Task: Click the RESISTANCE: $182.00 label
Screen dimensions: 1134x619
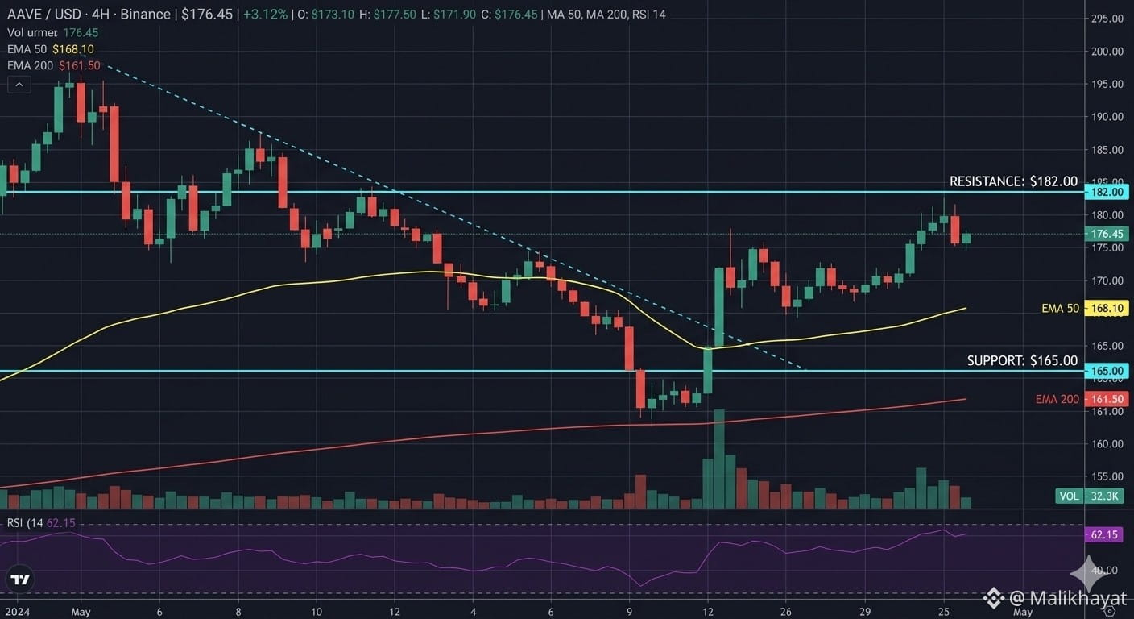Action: pyautogui.click(x=1013, y=181)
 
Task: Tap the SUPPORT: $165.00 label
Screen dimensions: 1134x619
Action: pyautogui.click(x=1022, y=360)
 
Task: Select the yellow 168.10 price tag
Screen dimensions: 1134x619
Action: pyautogui.click(x=1107, y=308)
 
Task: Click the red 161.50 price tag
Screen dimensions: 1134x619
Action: pyautogui.click(x=1107, y=399)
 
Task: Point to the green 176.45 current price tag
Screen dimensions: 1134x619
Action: pyautogui.click(x=1107, y=234)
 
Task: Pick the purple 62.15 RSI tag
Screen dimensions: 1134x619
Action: pyautogui.click(x=1103, y=534)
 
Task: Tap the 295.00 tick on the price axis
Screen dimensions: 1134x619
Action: pyautogui.click(x=1107, y=19)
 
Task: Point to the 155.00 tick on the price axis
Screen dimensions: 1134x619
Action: pyautogui.click(x=1107, y=476)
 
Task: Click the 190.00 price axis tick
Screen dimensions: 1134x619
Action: pyautogui.click(x=1107, y=117)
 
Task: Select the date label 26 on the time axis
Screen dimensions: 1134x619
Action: pyautogui.click(x=786, y=612)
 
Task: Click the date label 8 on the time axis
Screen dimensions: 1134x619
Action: pyautogui.click(x=238, y=612)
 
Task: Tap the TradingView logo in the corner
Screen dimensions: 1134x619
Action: pyautogui.click(x=21, y=580)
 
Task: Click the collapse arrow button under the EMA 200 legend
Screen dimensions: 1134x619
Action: pyautogui.click(x=19, y=85)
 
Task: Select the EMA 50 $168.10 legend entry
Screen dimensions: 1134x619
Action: pyautogui.click(x=51, y=49)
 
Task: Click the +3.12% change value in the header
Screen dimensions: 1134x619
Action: pyautogui.click(x=265, y=15)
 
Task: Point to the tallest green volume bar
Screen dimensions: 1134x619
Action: pyautogui.click(x=719, y=459)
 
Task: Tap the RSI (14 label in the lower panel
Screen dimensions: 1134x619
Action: pyautogui.click(x=25, y=523)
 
